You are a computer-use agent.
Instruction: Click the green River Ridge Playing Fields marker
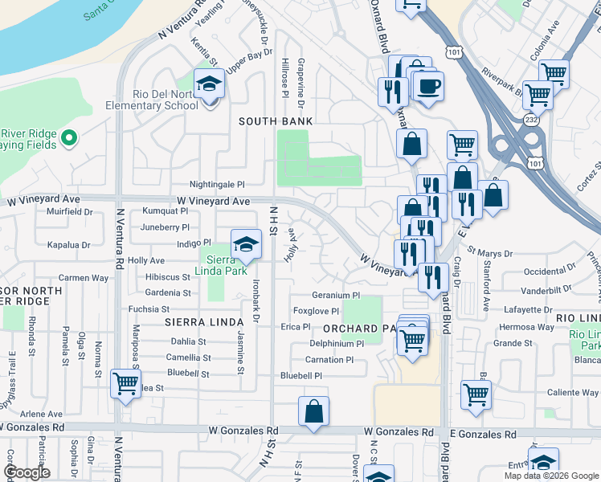coord(68,138)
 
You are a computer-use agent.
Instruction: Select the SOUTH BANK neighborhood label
coord(276,120)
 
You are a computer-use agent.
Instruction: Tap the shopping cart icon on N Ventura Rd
coord(125,382)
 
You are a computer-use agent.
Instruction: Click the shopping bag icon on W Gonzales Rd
coord(314,411)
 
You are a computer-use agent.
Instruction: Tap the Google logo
coord(27,472)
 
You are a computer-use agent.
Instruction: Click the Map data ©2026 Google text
coord(550,476)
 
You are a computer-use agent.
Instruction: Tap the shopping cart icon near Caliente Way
coord(476,394)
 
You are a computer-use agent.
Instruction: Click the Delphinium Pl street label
coord(337,344)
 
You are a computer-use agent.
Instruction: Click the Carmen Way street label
coord(83,278)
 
